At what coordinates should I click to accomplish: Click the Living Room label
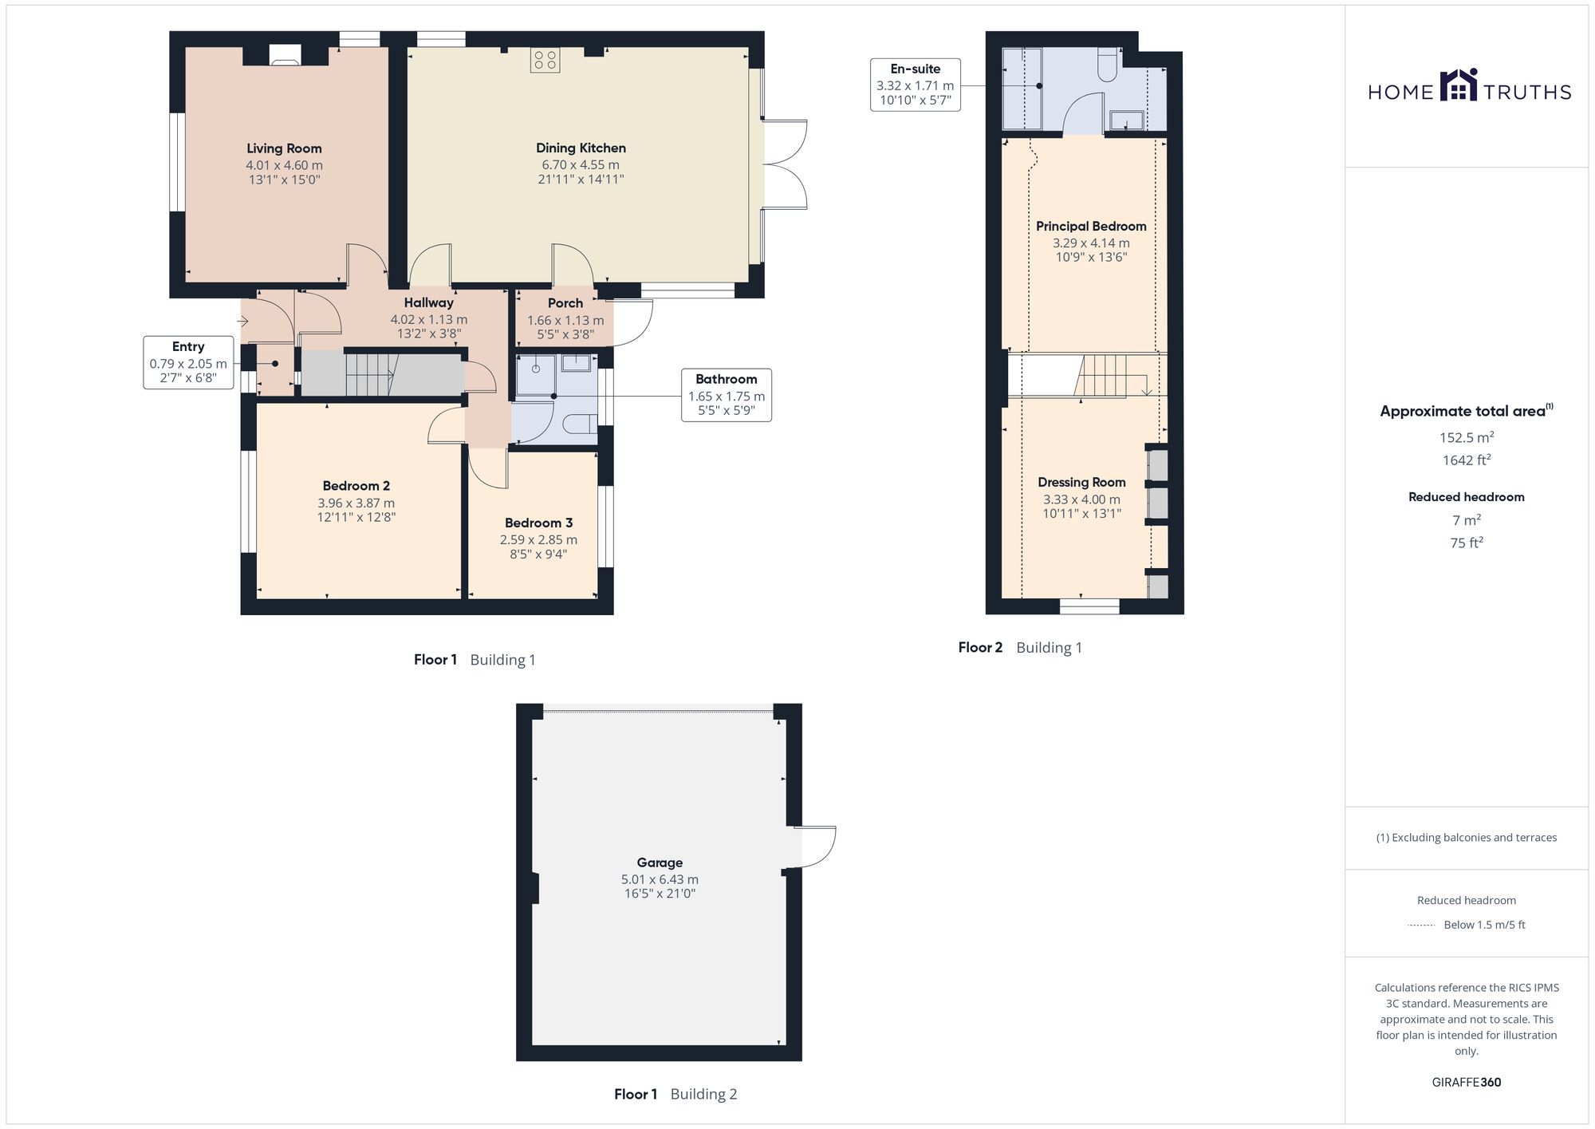coord(284,148)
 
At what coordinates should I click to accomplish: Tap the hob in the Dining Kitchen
coord(545,61)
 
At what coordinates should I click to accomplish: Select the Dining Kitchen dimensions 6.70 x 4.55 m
coord(581,165)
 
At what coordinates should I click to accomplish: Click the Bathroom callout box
coord(726,395)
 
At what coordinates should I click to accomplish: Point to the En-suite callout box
coord(915,85)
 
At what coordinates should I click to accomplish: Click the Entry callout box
coord(188,363)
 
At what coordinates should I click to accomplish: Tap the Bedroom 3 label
coord(538,523)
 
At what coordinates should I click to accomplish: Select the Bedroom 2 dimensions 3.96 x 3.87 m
coord(356,503)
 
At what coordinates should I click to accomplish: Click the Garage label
coord(660,863)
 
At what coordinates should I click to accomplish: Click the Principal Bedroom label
coord(1091,227)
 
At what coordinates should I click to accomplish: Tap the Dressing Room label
coord(1081,483)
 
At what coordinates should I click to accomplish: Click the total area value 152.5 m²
coord(1466,437)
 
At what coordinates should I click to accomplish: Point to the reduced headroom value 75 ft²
coord(1466,543)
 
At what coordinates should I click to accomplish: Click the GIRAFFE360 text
coord(1466,1083)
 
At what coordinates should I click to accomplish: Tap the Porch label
coord(565,303)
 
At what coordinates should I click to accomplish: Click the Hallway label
coord(428,303)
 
